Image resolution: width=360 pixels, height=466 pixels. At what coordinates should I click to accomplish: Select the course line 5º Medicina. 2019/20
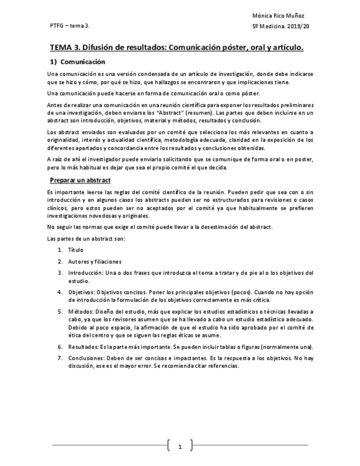(280, 26)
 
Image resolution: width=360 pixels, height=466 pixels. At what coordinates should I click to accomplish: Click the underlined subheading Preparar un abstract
(80, 180)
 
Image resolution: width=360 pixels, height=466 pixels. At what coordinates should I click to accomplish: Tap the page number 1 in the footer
(180, 447)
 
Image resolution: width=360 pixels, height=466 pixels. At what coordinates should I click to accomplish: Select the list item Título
(75, 249)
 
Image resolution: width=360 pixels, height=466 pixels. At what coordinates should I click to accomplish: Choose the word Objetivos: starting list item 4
(82, 292)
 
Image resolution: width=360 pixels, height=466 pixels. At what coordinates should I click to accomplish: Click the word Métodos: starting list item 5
(81, 312)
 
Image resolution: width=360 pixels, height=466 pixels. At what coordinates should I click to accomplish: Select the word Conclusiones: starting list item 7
(87, 358)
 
